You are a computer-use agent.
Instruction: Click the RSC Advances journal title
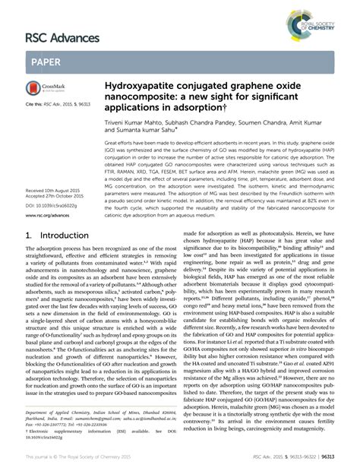62,37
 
